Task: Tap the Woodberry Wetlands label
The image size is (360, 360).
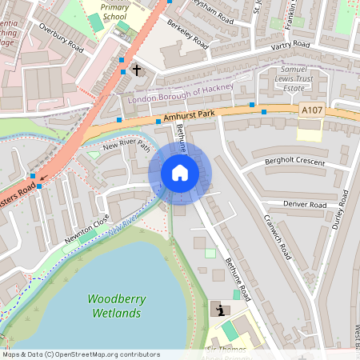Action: pyautogui.click(x=114, y=306)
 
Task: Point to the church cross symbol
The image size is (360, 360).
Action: pyautogui.click(x=136, y=70)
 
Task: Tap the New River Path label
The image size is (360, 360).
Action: pyautogui.click(x=126, y=146)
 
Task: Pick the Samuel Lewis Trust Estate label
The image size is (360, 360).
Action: pyautogui.click(x=306, y=82)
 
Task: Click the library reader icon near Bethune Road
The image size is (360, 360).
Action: pyautogui.click(x=218, y=309)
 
